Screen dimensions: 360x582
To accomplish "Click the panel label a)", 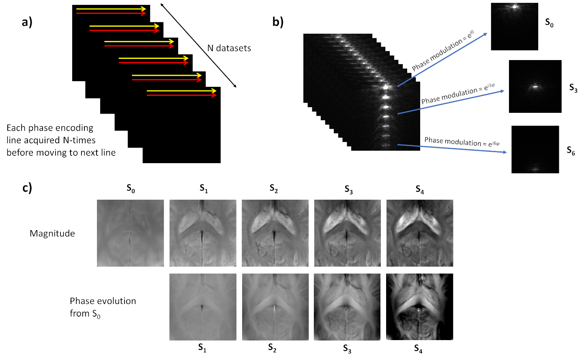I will coord(27,22).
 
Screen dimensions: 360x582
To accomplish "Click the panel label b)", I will coord(278,22).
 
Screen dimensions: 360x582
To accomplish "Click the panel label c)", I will coord(27,188).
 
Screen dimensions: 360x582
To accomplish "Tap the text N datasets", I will coord(229,48).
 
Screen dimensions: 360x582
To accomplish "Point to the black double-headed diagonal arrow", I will coord(198,45).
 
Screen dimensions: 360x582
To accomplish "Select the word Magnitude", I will coord(52,233).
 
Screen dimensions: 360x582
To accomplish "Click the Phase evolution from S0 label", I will coord(103,307).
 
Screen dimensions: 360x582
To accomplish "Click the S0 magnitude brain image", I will coord(130,233).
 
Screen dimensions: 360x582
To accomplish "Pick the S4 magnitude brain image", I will coord(419,233).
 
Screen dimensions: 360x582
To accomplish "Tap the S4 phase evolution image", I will coord(419,307).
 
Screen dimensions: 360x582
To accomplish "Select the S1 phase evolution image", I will coord(203,307).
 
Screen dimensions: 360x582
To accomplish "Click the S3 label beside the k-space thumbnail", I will coord(573,88).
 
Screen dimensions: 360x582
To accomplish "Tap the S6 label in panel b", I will coord(571,151).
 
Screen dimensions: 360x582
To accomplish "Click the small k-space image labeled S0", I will coord(514,27).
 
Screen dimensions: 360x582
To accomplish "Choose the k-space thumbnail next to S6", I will coord(535,149).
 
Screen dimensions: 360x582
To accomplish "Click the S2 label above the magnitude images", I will coord(274,189).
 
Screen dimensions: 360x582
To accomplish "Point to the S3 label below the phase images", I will coord(347,349).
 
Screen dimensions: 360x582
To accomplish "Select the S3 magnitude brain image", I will coord(347,233).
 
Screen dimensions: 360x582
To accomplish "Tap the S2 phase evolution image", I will coord(275,307).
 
